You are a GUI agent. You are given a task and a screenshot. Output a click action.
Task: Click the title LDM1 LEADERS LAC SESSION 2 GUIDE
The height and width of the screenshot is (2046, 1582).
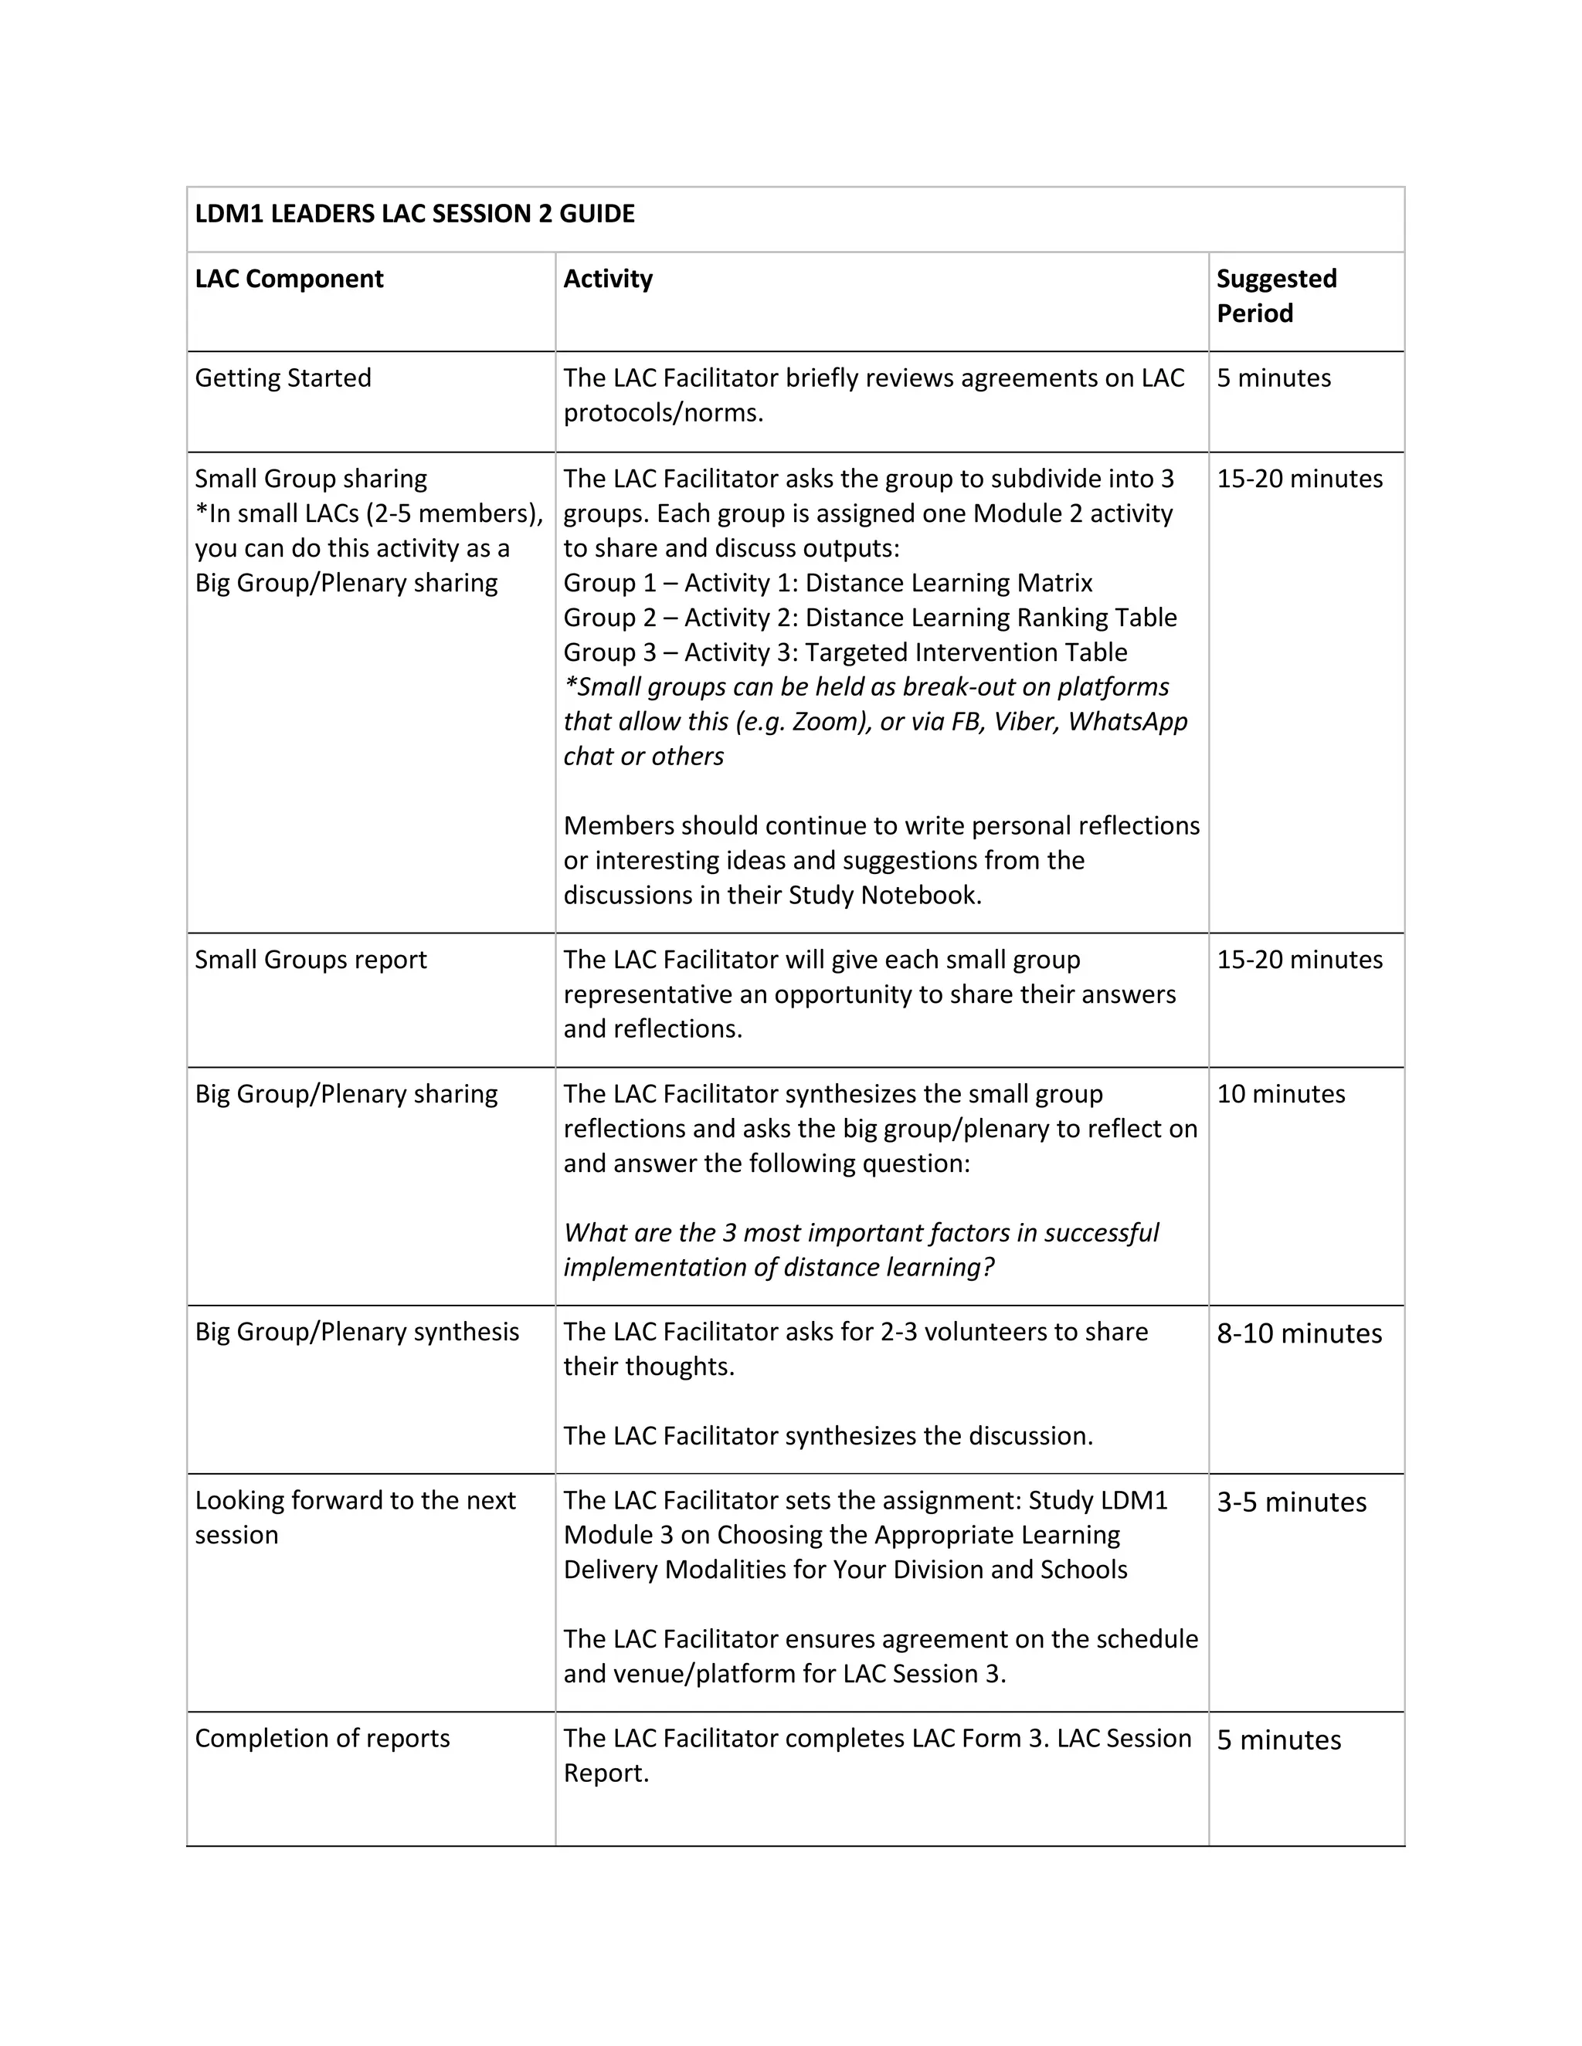414,214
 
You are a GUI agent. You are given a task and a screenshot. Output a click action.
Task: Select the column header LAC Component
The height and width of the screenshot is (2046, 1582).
289,279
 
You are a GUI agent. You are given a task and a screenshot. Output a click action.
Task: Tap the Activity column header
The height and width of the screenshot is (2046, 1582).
607,279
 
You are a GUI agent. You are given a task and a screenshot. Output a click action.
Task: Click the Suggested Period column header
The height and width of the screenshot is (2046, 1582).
1275,296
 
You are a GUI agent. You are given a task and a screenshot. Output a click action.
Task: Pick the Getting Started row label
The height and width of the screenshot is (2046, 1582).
283,378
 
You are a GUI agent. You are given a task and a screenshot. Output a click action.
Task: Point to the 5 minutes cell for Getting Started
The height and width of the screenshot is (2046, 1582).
1274,378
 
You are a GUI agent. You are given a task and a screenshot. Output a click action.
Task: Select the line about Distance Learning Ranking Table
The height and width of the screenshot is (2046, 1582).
870,618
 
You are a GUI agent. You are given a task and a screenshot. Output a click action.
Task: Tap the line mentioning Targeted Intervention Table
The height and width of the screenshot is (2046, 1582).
845,652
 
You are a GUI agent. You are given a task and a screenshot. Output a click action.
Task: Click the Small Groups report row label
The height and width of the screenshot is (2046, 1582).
311,959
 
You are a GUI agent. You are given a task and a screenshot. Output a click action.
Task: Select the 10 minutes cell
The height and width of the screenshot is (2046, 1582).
1280,1094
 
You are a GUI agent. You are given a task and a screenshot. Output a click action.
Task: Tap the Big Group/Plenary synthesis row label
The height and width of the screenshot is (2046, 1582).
356,1332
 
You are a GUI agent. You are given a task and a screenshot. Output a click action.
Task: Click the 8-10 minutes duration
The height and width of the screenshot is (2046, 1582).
1299,1333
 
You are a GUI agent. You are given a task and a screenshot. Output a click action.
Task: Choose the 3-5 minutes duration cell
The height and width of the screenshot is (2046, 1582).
1292,1502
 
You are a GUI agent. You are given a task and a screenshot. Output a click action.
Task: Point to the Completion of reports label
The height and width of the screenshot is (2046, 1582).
322,1739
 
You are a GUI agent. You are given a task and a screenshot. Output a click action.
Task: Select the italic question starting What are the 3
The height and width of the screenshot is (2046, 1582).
861,1250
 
